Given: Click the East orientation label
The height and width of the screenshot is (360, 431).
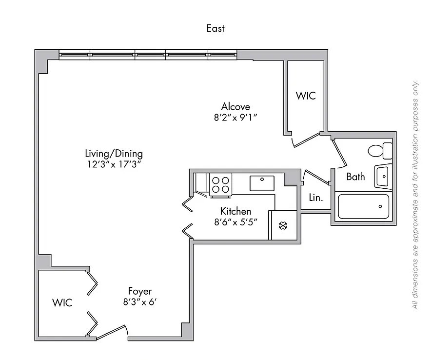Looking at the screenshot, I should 215,28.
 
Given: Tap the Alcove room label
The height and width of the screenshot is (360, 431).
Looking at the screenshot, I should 235,106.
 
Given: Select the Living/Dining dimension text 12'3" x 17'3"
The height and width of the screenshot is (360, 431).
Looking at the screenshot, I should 113,164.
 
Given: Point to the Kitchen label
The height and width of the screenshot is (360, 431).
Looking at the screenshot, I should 235,211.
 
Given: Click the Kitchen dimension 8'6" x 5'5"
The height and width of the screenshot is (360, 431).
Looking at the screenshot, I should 236,221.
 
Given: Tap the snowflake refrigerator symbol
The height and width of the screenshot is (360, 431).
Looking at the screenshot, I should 283,225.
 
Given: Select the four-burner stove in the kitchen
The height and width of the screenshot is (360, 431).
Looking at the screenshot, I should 220,184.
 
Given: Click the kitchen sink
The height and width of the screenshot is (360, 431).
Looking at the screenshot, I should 263,183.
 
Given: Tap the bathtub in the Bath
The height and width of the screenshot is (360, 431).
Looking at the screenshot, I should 364,207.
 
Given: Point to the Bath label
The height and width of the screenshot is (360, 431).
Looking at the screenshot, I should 355,177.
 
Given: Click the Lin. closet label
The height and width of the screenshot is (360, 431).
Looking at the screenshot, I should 316,198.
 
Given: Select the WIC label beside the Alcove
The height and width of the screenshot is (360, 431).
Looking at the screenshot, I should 306,96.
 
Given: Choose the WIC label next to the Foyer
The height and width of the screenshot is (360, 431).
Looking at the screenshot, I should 62,302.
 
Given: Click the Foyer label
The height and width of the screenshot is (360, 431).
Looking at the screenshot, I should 140,292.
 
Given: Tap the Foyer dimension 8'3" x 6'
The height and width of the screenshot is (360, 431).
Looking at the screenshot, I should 139,302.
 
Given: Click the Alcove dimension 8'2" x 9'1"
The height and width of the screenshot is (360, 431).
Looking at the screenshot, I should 235,117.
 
